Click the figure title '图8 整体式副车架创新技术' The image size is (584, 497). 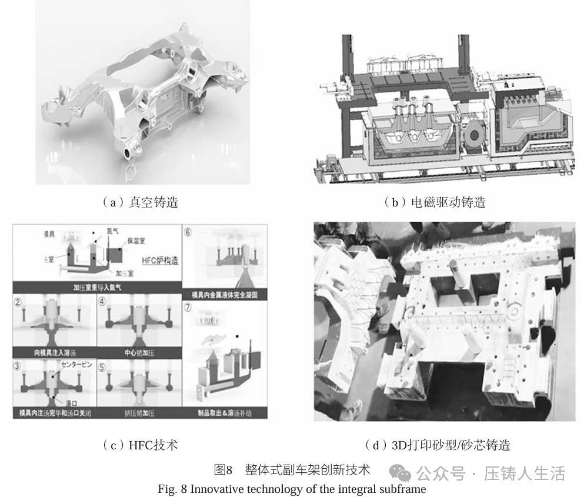pos(292,470)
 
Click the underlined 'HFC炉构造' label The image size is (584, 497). pos(159,261)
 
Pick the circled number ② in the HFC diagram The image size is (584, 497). pos(19,303)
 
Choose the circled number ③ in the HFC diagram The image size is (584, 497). pos(19,364)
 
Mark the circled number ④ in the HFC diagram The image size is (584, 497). pos(103,303)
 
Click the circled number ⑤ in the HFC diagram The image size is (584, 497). pos(103,364)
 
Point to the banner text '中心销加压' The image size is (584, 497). pos(139,352)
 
